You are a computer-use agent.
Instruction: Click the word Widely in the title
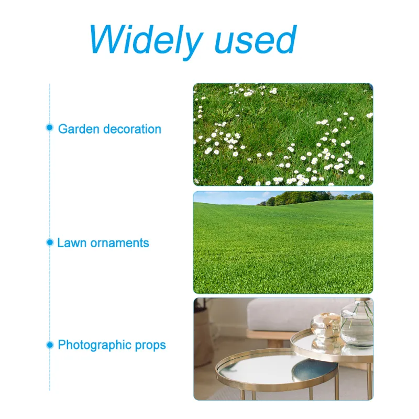tap(146, 41)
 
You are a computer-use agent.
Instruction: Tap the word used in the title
tap(256, 40)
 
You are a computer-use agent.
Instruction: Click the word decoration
tap(133, 129)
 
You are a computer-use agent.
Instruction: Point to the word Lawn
tap(72, 243)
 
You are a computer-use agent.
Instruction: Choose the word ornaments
tap(119, 243)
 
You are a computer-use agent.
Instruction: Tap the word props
tap(150, 346)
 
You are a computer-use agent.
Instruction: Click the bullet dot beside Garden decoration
tap(49, 127)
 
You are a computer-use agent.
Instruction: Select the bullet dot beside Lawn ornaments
tap(50, 242)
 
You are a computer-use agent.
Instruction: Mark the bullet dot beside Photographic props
tap(50, 345)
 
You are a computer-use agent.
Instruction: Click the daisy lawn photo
tap(283, 135)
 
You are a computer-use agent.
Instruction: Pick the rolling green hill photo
tap(283, 242)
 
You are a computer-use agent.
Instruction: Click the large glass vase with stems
tap(357, 323)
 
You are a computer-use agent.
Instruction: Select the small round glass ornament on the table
tap(325, 325)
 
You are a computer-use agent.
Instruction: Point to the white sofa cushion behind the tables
tap(294, 315)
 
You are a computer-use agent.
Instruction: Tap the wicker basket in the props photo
tap(203, 339)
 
